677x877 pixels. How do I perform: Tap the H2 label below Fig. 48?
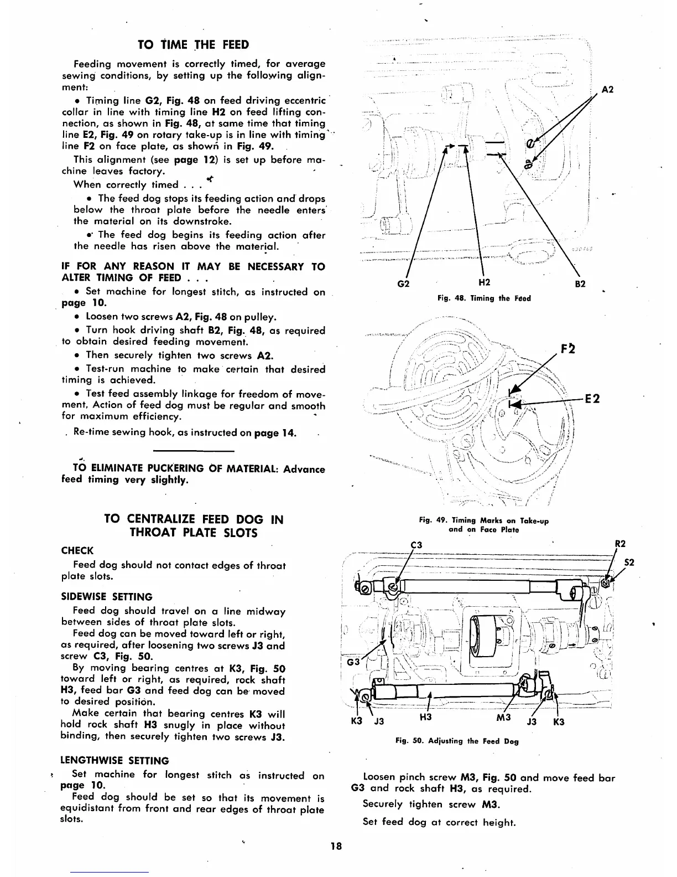point(484,283)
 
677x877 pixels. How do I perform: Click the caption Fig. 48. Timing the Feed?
point(484,298)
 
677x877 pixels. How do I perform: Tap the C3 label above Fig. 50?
point(416,545)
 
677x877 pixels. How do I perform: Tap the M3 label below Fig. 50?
point(503,718)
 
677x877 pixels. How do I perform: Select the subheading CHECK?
point(77,550)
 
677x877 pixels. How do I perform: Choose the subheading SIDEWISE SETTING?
point(107,597)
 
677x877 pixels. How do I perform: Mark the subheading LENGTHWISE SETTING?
point(114,761)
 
